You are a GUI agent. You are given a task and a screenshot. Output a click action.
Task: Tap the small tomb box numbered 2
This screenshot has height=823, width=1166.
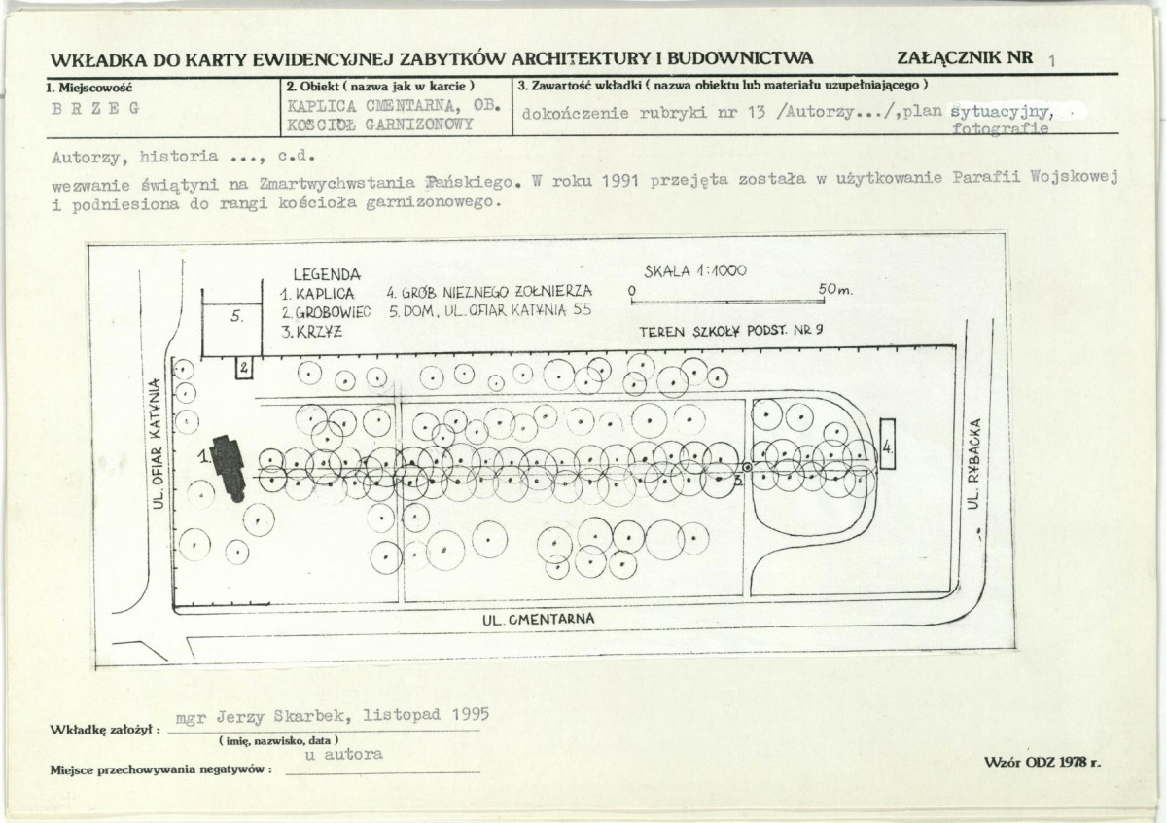coord(244,368)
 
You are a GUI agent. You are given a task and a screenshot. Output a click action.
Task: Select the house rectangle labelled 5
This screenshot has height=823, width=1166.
coord(232,329)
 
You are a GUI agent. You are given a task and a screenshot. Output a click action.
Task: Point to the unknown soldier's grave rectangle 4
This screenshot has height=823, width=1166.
coord(887,445)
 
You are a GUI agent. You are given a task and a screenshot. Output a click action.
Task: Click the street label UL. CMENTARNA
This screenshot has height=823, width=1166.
coord(539,619)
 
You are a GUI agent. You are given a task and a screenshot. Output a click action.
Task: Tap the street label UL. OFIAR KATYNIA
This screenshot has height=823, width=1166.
coord(157,445)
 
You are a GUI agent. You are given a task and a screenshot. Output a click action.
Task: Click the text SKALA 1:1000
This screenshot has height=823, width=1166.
coord(695,271)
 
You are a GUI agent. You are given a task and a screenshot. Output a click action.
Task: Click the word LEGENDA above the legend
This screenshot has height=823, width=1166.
coord(327,275)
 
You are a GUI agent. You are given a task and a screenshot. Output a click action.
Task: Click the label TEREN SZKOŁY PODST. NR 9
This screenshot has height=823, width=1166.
coord(731,331)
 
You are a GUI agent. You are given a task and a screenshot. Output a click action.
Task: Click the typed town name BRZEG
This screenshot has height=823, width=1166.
coord(95,109)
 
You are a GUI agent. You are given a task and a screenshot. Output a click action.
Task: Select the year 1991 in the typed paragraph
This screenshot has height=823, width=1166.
coord(621,180)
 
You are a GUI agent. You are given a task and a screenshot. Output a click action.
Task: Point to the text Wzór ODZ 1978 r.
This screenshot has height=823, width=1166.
coord(1042,762)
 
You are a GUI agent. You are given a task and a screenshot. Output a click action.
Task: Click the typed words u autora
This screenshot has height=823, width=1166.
coord(343,755)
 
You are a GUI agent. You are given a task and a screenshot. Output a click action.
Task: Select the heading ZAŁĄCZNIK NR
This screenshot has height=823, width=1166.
coord(966,58)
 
